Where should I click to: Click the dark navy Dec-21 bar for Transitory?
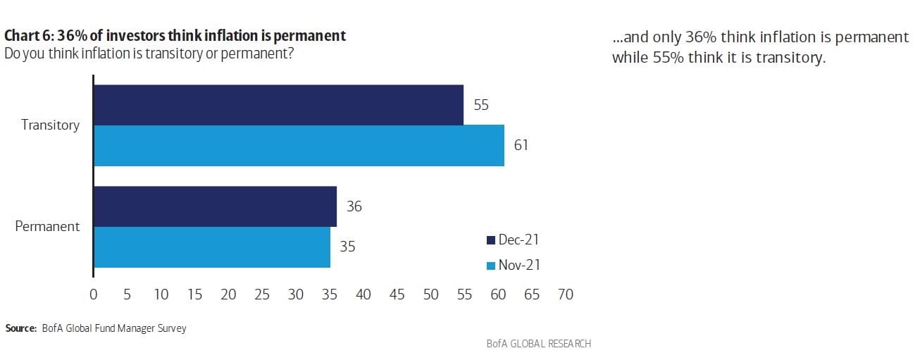pyautogui.click(x=278, y=105)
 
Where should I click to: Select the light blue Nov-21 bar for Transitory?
pyautogui.click(x=299, y=146)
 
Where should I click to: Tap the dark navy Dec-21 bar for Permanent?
pyautogui.click(x=215, y=206)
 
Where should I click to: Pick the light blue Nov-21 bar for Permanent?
pyautogui.click(x=211, y=247)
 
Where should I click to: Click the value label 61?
pyautogui.click(x=521, y=146)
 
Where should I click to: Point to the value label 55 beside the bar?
pyautogui.click(x=481, y=105)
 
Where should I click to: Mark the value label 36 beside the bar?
pyautogui.click(x=354, y=206)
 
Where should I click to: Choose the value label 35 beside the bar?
pyautogui.click(x=348, y=247)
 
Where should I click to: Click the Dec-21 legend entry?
pyautogui.click(x=513, y=240)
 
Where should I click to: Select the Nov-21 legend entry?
pyautogui.click(x=513, y=266)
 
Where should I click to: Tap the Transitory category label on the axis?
pyautogui.click(x=50, y=125)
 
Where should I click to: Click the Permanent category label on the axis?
pyautogui.click(x=48, y=227)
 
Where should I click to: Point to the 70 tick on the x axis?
pyautogui.click(x=566, y=294)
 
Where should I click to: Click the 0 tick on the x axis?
pyautogui.click(x=94, y=294)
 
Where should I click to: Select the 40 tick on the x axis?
pyautogui.click(x=363, y=294)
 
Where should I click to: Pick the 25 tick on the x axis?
pyautogui.click(x=262, y=294)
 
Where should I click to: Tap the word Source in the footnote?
pyautogui.click(x=20, y=328)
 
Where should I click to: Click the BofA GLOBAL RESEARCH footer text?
pyautogui.click(x=538, y=344)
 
